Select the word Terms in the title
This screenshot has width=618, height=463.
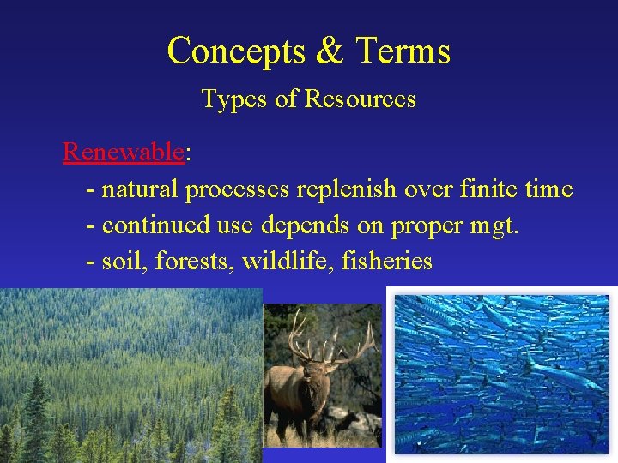tap(402, 51)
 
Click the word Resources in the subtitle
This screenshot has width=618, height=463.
tap(360, 99)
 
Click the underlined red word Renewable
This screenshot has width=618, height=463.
tap(124, 153)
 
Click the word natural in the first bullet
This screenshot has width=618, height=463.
tap(140, 189)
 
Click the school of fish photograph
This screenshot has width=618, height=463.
tap(501, 374)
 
